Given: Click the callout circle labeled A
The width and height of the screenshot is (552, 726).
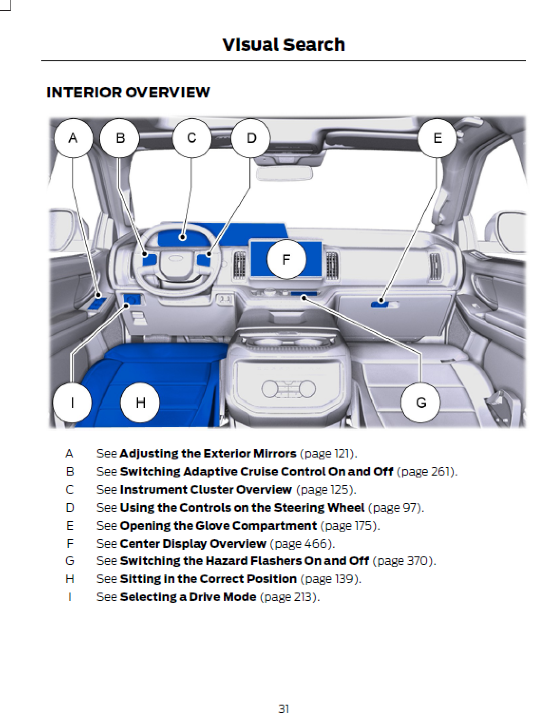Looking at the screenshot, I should (x=73, y=138).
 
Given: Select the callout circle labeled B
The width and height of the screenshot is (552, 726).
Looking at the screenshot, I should (x=120, y=138).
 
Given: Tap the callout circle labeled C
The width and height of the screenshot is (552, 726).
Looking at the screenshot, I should (x=191, y=138).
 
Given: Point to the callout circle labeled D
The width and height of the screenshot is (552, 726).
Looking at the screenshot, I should (x=251, y=138).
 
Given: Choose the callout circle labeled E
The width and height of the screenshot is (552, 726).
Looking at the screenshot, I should (x=437, y=138).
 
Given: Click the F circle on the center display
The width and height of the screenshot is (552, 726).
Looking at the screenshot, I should (x=286, y=259).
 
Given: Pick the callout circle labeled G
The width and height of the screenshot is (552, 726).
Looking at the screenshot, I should (x=421, y=403).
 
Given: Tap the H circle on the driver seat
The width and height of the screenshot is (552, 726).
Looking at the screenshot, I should (x=140, y=403).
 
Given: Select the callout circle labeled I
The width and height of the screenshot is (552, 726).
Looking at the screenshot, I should (x=72, y=403).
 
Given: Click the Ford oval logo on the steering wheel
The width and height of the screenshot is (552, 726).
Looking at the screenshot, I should (x=176, y=258).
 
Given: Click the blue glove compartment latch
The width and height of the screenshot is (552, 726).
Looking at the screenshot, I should (x=380, y=303).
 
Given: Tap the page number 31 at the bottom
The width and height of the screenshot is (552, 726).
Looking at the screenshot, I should (x=284, y=709).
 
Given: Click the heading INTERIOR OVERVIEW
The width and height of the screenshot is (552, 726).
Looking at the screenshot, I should (x=128, y=92).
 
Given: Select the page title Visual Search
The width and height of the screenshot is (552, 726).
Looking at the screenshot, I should (x=284, y=45).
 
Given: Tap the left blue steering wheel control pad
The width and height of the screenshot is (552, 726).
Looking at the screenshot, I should (x=150, y=259).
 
